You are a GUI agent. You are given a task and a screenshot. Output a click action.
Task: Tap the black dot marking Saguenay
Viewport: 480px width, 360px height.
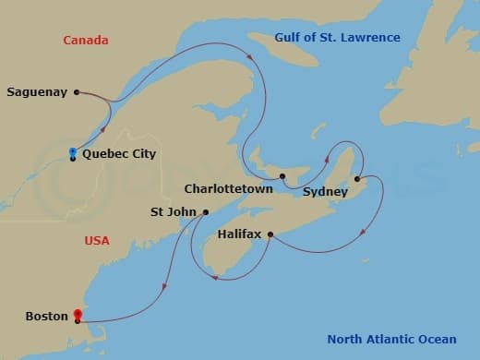76,91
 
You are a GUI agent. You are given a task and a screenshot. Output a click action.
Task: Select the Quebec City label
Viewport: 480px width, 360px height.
119,154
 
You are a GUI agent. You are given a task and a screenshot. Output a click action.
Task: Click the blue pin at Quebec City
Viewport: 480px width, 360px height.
72,152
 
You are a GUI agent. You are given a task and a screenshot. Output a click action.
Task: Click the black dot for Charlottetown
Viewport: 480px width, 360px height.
282,175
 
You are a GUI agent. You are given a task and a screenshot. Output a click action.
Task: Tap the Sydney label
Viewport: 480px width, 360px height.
325,192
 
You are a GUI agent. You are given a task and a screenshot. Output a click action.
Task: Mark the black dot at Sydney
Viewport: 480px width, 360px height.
357,178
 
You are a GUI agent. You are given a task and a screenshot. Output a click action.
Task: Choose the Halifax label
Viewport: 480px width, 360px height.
239,234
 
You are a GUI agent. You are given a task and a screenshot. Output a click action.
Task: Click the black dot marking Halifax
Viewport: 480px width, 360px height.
270,234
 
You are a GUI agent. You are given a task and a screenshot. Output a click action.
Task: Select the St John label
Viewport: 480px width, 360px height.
173,211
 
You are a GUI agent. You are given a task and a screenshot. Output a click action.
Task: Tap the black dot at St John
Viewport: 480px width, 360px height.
205,212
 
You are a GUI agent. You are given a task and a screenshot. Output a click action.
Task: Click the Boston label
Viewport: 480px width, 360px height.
47,317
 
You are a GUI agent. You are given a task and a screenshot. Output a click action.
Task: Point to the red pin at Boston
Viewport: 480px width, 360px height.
78,315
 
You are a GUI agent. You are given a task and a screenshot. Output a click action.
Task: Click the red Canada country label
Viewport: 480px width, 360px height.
85,40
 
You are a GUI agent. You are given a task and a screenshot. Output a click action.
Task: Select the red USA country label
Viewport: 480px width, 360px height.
97,241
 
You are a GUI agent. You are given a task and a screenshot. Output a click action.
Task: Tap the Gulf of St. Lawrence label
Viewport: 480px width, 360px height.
337,38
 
